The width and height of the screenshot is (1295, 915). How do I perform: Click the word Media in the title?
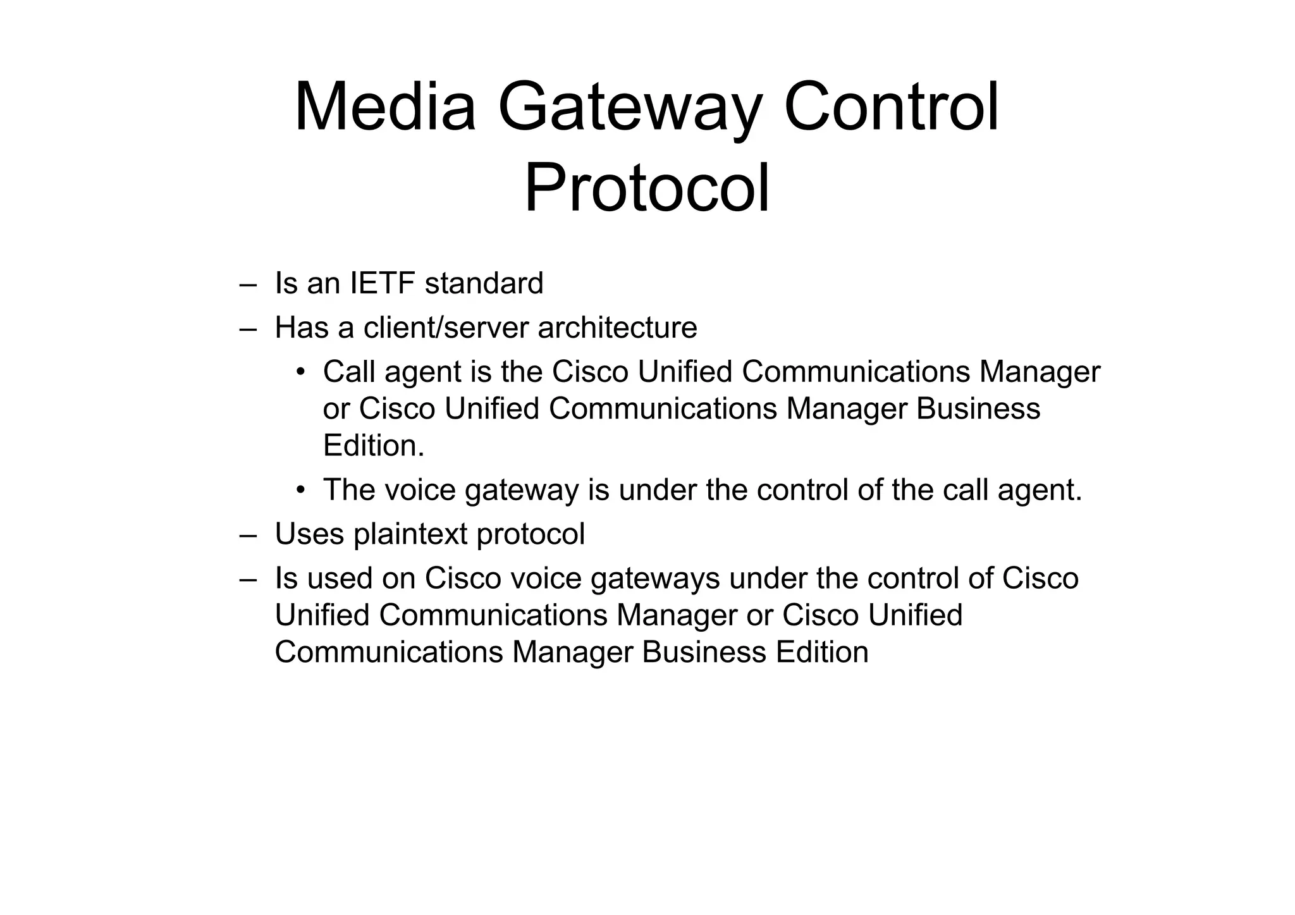click(384, 107)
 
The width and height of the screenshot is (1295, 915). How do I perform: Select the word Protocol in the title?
click(647, 189)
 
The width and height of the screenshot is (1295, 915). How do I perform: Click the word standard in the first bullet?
click(484, 283)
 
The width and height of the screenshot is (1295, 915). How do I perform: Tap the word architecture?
click(617, 328)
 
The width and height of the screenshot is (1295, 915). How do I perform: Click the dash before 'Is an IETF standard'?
click(249, 285)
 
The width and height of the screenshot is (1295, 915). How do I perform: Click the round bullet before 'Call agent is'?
click(301, 372)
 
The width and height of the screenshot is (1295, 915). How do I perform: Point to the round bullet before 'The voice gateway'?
click(301, 490)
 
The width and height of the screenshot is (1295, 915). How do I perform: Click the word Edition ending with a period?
click(373, 446)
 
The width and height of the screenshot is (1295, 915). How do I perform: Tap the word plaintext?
click(410, 534)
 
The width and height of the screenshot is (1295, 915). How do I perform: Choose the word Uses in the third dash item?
click(310, 534)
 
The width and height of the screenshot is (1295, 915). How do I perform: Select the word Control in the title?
click(891, 107)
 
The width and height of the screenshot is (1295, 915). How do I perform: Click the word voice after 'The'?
click(420, 490)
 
